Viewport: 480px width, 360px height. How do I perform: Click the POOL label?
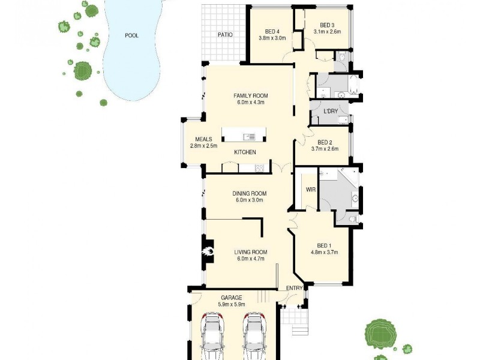tap(131, 35)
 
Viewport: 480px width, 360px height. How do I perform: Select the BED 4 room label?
tap(272, 32)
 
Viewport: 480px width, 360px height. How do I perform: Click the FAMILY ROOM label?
tap(251, 95)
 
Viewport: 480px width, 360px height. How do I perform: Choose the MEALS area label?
tap(203, 139)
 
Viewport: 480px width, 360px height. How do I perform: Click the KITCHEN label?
tap(245, 152)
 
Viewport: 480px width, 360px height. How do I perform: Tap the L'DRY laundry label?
tap(330, 112)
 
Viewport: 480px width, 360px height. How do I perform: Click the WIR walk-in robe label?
tap(311, 190)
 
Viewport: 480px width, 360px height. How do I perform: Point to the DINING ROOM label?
tap(250, 193)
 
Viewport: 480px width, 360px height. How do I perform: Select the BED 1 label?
tap(323, 245)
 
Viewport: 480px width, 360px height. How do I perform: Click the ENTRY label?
tap(294, 289)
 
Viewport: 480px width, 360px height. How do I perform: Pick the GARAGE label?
tap(231, 297)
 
